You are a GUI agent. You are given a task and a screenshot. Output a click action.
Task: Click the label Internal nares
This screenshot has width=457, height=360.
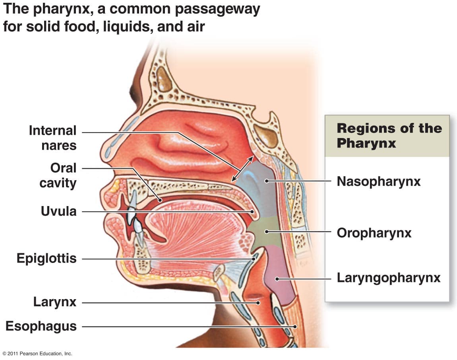[x=52, y=138]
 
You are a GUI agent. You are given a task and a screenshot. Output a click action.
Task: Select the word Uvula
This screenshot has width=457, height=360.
[x=58, y=211]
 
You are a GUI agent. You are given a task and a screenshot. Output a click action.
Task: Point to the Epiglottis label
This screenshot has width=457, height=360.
[x=46, y=259]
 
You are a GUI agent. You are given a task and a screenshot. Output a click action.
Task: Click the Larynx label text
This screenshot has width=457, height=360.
[x=55, y=302]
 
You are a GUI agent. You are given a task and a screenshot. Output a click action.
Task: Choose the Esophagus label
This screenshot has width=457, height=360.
[x=41, y=326]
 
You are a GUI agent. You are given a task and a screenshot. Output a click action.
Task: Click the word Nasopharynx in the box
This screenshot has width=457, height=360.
[x=378, y=181]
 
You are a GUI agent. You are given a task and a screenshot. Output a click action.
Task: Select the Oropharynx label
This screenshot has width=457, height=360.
[x=374, y=233]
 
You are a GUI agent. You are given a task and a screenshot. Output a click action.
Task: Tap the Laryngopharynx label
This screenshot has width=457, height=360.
[x=389, y=278]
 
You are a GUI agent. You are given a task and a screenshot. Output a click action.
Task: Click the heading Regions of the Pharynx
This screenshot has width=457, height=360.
[x=389, y=135]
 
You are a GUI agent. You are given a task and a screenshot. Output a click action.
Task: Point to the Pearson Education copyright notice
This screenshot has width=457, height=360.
[x=37, y=353]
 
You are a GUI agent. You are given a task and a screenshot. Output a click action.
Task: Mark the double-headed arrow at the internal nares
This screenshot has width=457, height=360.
[x=242, y=169]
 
